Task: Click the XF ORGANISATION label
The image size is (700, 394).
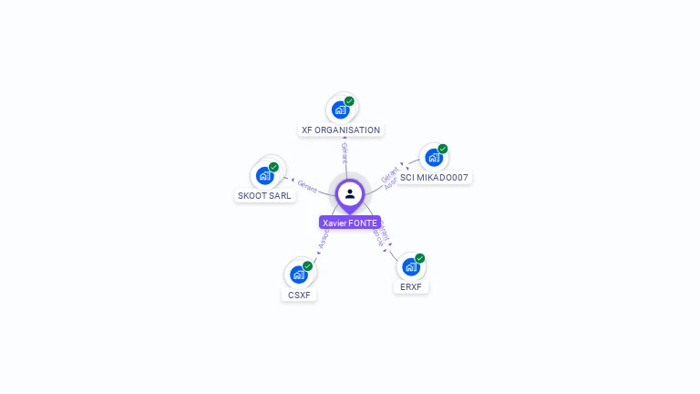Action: click(x=341, y=130)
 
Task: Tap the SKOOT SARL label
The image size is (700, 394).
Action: click(x=265, y=195)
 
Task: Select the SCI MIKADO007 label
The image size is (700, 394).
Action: click(x=435, y=177)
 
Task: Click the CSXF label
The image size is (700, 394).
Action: click(x=299, y=295)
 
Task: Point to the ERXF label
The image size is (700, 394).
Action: click(x=411, y=287)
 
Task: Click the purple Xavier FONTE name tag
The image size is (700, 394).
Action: click(x=350, y=223)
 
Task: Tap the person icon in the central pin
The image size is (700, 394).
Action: click(x=350, y=193)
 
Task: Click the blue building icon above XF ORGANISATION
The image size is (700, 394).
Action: click(x=340, y=110)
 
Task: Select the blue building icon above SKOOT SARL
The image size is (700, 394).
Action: click(x=264, y=175)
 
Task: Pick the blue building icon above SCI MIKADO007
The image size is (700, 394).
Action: click(x=434, y=157)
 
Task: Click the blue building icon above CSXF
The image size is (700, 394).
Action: click(x=298, y=274)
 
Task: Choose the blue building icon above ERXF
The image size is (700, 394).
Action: click(x=410, y=267)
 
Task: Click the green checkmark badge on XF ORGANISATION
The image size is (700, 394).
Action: click(x=349, y=101)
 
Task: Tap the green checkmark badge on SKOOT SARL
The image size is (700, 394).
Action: click(x=273, y=167)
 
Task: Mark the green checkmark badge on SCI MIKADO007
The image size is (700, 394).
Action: click(x=443, y=149)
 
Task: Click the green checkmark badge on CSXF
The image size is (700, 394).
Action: click(x=307, y=265)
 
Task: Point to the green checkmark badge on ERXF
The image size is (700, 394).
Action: click(x=420, y=258)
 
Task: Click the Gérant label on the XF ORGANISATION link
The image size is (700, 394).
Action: click(x=345, y=151)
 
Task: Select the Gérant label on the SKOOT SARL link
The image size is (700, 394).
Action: click(x=307, y=185)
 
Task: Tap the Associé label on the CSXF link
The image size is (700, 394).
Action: click(x=324, y=238)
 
